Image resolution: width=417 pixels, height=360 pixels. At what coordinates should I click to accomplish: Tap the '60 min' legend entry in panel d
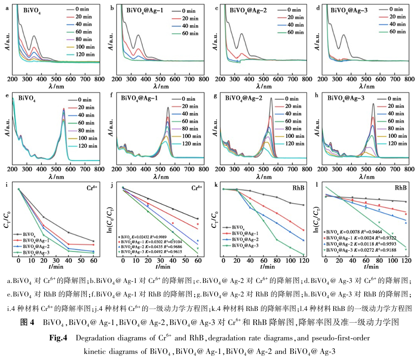click(x=390, y=32)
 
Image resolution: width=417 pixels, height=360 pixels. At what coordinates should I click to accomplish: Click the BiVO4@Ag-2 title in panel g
click(x=243, y=99)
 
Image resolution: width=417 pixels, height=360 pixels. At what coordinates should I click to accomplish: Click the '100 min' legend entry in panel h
click(x=395, y=135)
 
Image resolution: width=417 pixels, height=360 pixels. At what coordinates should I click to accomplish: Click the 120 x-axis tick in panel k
click(x=304, y=260)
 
